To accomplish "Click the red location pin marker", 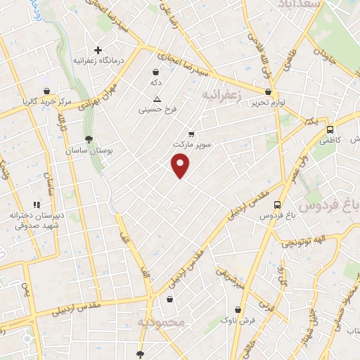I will point(181,165).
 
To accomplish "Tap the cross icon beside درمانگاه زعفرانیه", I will point(98,50).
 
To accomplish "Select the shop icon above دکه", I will point(156,71).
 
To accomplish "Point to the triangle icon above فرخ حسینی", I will point(156,98).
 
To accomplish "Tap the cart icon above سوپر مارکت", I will point(191,133).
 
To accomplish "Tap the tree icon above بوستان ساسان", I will point(88,139).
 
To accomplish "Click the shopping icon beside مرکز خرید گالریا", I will point(46,91).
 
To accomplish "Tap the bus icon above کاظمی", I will point(330,129).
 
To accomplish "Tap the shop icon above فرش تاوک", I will point(239,309).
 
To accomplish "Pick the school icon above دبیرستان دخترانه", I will point(37,205).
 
